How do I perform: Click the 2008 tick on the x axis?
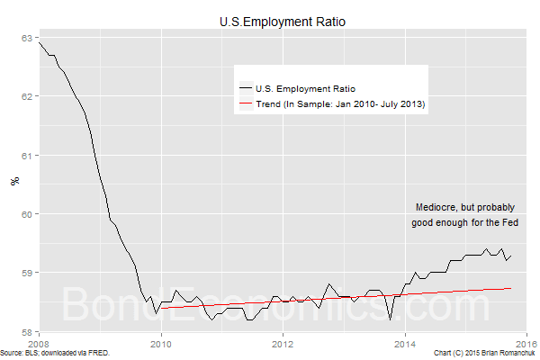pos(39,343)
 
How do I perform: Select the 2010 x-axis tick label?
pos(161,343)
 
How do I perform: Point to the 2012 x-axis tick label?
pos(283,343)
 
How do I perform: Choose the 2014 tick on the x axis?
pos(405,343)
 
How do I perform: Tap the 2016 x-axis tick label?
pos(526,343)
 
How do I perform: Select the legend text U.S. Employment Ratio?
pos(306,88)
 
